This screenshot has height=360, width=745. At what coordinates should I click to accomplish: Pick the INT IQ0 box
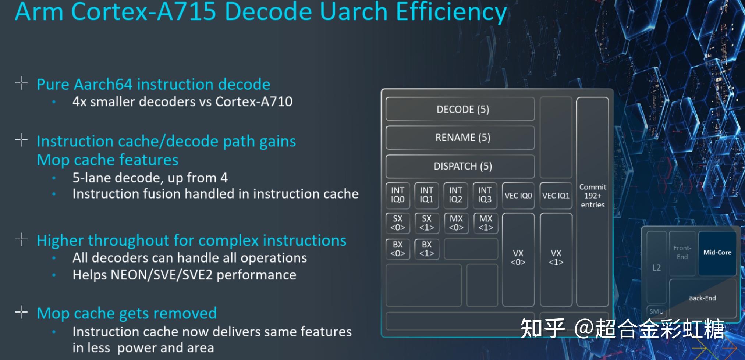tap(397, 195)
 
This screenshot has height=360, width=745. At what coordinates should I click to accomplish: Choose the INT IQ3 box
tap(485, 195)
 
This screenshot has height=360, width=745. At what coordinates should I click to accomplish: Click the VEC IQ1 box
tap(556, 196)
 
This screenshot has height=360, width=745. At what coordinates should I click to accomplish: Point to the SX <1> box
tap(426, 223)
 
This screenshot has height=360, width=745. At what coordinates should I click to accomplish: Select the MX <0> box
tap(456, 223)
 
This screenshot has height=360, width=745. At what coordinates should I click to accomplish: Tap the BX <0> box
tap(397, 249)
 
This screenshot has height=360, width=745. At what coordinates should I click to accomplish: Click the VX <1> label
tap(556, 257)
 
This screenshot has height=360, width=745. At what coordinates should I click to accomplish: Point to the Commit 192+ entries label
tap(592, 196)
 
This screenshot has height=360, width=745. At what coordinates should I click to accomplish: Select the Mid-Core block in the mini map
tap(717, 253)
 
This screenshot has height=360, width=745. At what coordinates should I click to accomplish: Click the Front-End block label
tap(682, 253)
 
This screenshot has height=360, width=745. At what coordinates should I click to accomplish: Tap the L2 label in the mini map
tap(656, 268)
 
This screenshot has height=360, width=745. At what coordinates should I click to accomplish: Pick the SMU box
tap(656, 311)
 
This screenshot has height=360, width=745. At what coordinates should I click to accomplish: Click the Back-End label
tap(702, 298)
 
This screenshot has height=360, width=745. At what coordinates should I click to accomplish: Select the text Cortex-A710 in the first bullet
tap(254, 101)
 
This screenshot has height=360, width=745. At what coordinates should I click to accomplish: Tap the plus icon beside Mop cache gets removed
tap(21, 312)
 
